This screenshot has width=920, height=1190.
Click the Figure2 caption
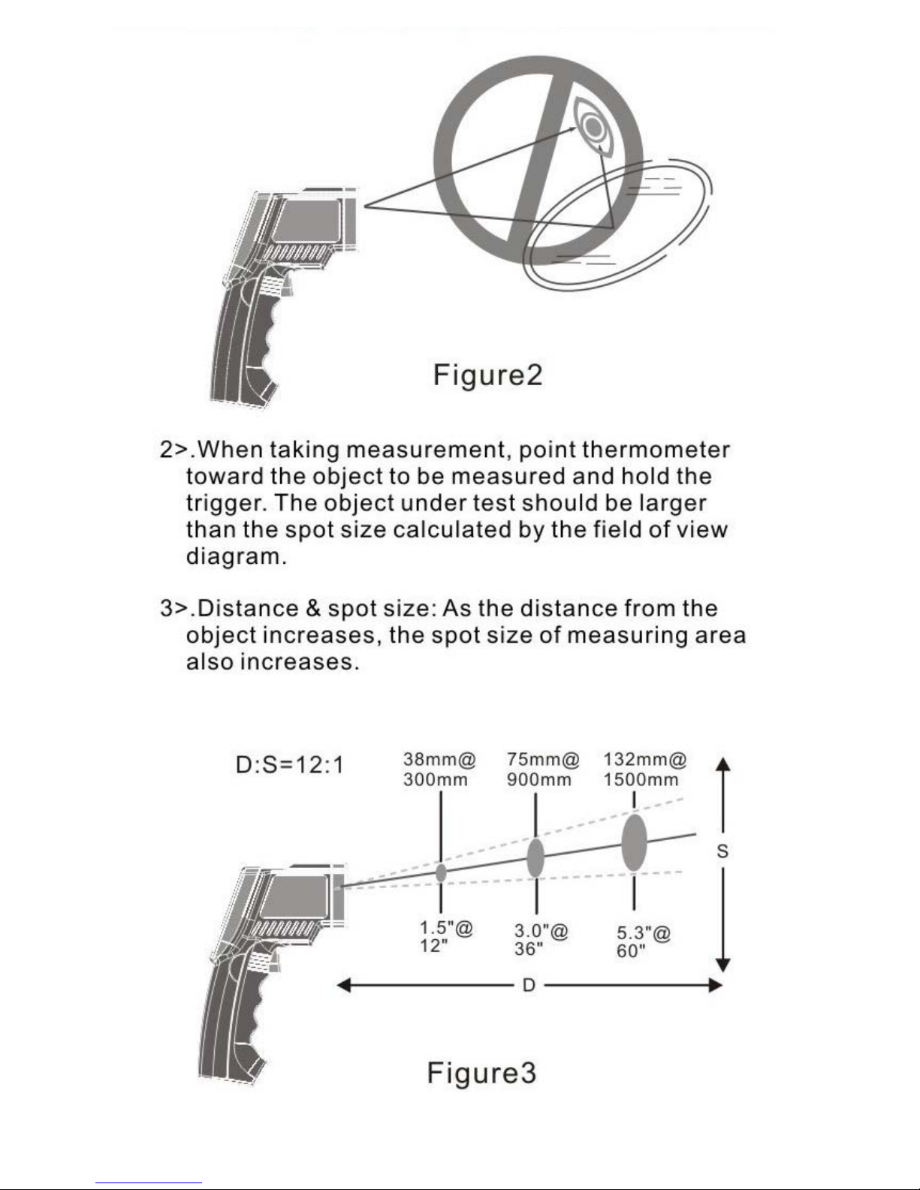click(x=487, y=375)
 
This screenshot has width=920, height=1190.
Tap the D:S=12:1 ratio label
click(x=289, y=764)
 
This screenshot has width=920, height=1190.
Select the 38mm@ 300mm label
click(x=439, y=770)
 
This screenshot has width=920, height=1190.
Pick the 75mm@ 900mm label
click(x=542, y=770)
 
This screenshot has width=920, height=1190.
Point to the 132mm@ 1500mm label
click(x=644, y=770)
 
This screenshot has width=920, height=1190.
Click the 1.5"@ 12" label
click(x=446, y=937)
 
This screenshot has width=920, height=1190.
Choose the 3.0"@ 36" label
click(x=541, y=940)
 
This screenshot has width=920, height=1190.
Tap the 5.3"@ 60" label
click(x=643, y=942)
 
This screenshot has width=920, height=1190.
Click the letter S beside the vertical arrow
click(x=722, y=851)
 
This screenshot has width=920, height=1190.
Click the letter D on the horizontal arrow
click(x=529, y=986)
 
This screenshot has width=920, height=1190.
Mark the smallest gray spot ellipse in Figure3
click(x=441, y=872)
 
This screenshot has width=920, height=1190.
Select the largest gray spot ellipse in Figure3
click(x=634, y=842)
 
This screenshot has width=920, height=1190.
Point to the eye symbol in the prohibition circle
click(x=593, y=127)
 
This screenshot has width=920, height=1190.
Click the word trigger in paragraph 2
click(x=226, y=504)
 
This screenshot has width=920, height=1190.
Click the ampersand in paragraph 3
click(x=313, y=608)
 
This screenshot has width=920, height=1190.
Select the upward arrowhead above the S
click(x=722, y=765)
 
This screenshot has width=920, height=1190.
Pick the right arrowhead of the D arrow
click(x=715, y=986)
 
